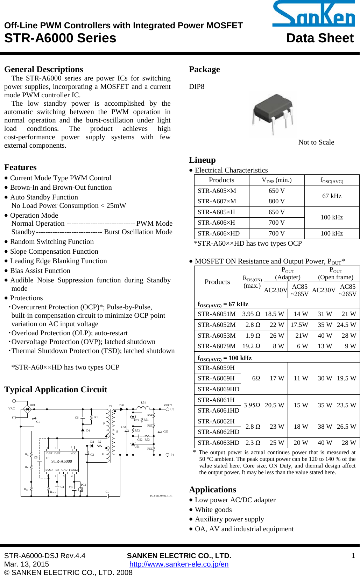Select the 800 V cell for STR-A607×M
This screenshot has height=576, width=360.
pos(276,201)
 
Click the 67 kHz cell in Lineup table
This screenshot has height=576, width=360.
pos(331,196)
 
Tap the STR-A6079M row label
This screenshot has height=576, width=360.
pos(217,346)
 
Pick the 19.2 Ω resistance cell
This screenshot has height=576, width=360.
pos(252,346)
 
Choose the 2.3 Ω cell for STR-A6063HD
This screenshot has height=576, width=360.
pos(253,443)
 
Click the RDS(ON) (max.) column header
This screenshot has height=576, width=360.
pos(252,282)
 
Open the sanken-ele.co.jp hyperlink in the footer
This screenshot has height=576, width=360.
pos(179,564)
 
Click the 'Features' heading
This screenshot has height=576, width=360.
pos(20,167)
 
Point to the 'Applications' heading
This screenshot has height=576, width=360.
pos(212,490)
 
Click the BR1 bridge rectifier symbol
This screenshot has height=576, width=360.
pos(27,409)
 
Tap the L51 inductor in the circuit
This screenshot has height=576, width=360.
pos(143,408)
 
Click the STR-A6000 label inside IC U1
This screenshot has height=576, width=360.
pos(62,461)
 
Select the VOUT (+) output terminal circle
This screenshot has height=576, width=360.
pos(168,409)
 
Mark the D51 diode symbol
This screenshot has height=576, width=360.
pos(122,409)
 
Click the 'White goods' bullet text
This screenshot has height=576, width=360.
pos(213,510)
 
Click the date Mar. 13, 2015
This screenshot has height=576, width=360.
pos(27,564)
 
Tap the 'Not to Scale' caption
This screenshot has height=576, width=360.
pos(316,142)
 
